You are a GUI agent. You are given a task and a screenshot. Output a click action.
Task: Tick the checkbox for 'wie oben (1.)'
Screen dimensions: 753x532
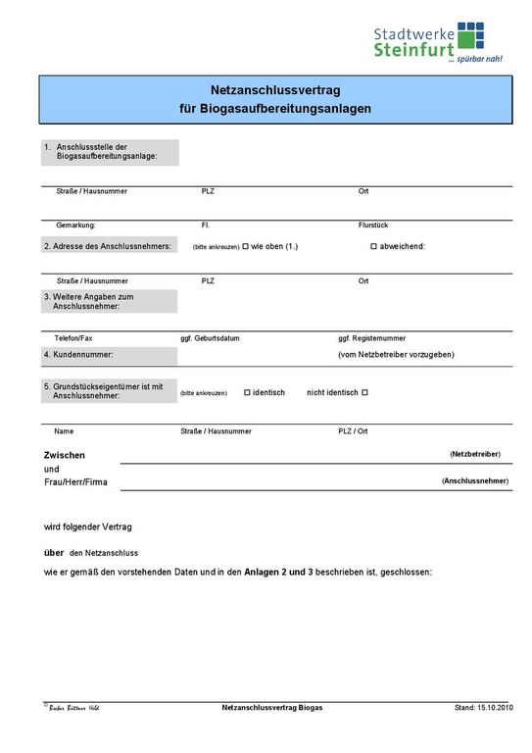coord(246,246)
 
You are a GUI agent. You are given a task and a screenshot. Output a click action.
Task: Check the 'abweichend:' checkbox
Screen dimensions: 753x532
coord(373,246)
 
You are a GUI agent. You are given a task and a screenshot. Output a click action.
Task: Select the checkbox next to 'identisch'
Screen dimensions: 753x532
coord(247,392)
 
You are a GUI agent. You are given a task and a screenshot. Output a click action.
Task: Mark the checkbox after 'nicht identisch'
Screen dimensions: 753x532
coord(364,392)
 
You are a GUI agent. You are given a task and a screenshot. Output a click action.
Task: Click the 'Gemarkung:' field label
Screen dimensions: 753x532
coord(75,226)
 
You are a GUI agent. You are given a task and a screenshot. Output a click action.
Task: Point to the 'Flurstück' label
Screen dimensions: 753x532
coord(373,226)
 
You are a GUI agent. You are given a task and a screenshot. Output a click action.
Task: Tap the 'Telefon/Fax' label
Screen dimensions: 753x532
coord(73,337)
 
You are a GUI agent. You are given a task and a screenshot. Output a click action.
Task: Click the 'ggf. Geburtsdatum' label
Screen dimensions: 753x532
coord(211,337)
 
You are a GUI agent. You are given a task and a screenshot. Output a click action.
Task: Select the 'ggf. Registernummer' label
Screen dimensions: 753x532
coord(371,337)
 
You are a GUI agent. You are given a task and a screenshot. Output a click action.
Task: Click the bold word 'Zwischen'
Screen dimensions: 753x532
coord(65,456)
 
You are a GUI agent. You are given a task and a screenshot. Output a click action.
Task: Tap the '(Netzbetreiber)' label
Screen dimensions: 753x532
coord(475,455)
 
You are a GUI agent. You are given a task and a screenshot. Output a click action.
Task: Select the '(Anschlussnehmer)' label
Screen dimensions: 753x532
coord(475,481)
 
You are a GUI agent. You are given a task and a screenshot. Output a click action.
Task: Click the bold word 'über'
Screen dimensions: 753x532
coord(54,552)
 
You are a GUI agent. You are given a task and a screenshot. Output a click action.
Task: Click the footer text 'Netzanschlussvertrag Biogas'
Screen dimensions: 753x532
coord(272,707)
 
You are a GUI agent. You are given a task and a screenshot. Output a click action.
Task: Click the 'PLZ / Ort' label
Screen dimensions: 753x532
coord(353,431)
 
